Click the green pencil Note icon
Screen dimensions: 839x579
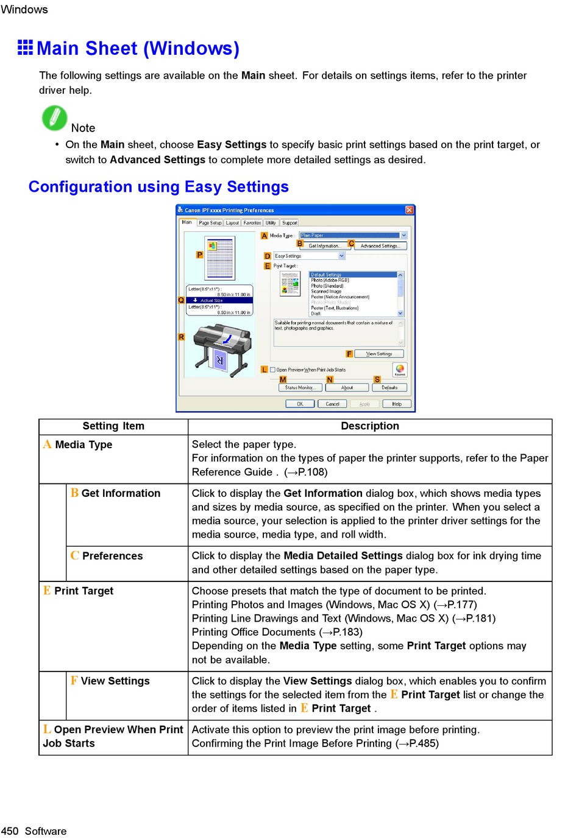[54, 118]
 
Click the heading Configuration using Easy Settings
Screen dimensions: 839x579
[158, 187]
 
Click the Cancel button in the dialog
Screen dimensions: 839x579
[332, 404]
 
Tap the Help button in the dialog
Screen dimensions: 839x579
[397, 404]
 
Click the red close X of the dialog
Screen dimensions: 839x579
[410, 210]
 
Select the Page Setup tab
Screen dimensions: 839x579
[210, 223]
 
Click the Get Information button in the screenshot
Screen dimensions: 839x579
[324, 246]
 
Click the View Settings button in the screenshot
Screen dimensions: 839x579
[379, 354]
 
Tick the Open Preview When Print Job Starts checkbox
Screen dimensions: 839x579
[273, 370]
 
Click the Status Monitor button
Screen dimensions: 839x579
[299, 387]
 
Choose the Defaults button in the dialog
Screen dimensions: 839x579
[389, 387]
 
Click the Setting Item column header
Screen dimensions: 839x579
[113, 426]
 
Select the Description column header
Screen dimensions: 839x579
[370, 426]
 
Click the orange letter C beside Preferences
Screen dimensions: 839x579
[74, 555]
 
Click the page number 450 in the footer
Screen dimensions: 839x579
[10, 831]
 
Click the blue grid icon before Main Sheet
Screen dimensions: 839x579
[26, 47]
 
